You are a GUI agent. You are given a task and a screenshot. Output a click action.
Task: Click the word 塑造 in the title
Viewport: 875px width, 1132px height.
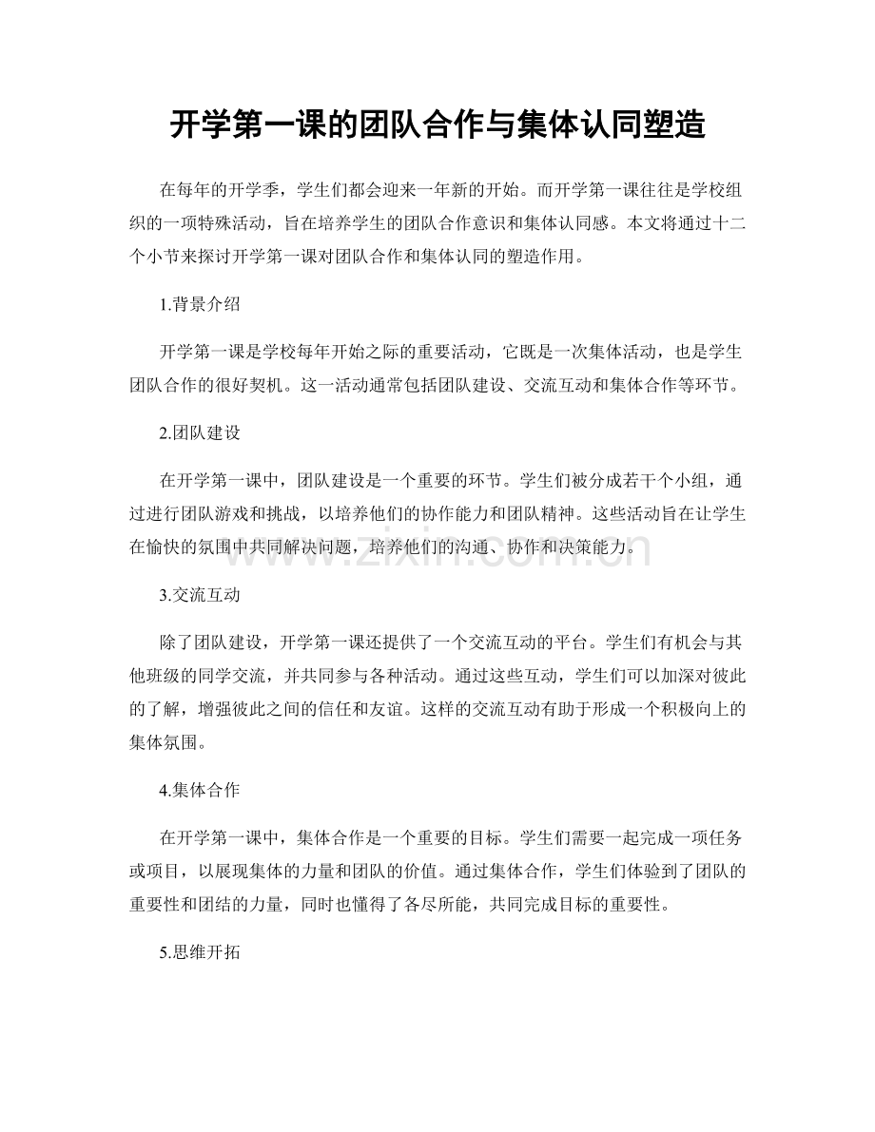676,125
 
